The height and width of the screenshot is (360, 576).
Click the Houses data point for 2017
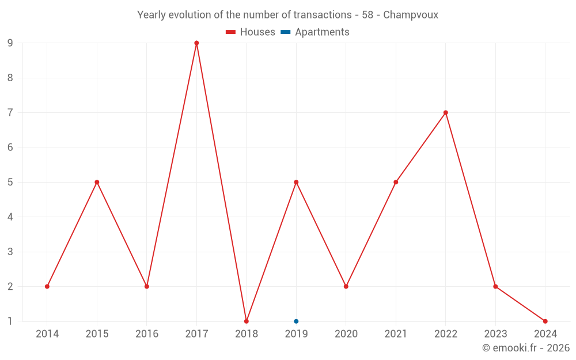click(x=196, y=43)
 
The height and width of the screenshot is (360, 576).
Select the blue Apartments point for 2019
click(x=296, y=321)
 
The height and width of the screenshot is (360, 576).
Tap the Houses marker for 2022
click(x=446, y=113)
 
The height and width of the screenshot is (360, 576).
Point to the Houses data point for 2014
click(x=47, y=286)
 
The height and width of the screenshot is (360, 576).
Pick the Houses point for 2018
click(x=247, y=321)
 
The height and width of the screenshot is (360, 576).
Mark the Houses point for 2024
click(x=545, y=321)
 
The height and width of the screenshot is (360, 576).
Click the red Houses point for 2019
click(x=296, y=182)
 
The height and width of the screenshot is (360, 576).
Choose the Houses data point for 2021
click(x=396, y=182)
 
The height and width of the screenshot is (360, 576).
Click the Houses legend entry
click(x=251, y=32)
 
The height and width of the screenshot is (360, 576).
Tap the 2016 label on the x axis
click(x=147, y=334)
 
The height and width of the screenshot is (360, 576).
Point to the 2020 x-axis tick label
click(x=346, y=334)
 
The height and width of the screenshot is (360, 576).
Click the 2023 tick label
click(x=495, y=334)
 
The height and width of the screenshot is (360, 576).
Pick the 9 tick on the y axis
click(x=10, y=43)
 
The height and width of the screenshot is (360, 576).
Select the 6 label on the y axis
click(x=10, y=147)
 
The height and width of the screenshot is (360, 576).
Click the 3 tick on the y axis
click(x=10, y=252)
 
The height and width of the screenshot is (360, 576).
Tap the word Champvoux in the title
click(x=411, y=15)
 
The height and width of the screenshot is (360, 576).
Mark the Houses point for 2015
click(x=97, y=182)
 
